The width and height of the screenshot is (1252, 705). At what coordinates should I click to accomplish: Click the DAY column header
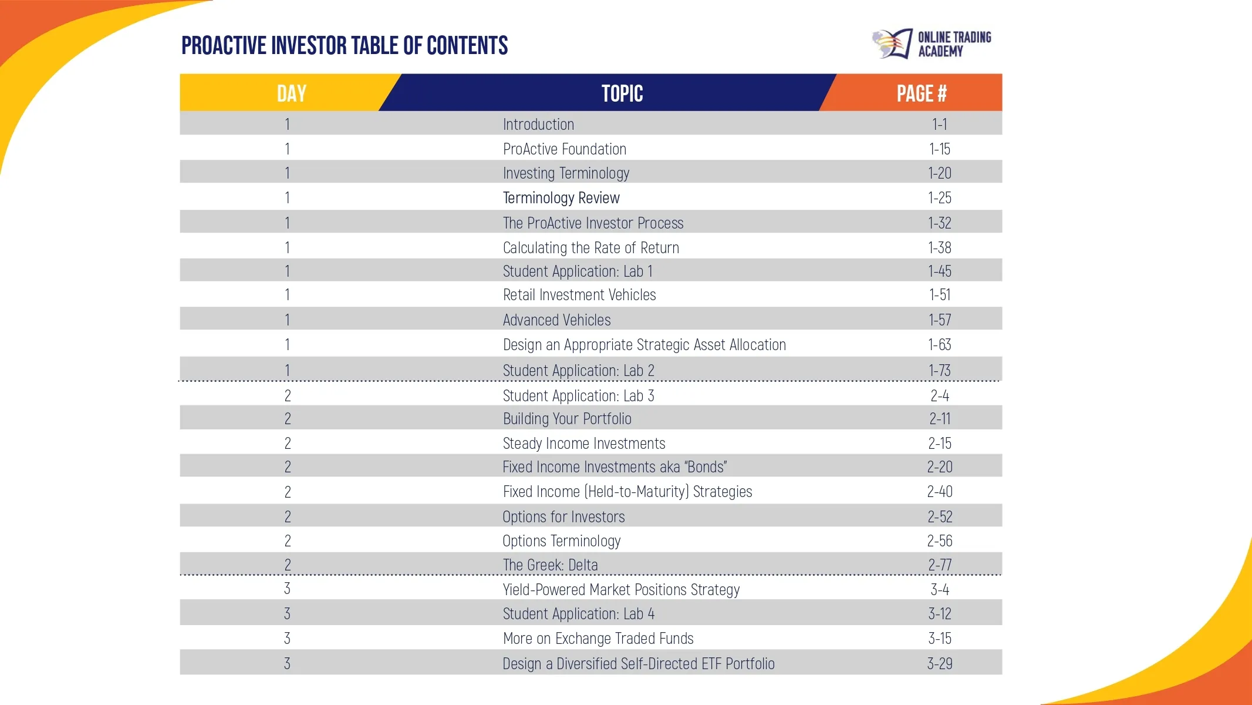[x=291, y=93]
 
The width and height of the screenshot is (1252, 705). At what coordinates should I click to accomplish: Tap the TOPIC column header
[x=622, y=93]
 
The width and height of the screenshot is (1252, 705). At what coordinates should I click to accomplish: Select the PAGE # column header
[x=921, y=93]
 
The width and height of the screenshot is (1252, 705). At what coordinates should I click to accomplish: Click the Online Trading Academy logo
[x=932, y=44]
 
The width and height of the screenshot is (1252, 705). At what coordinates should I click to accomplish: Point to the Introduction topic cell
[x=538, y=125]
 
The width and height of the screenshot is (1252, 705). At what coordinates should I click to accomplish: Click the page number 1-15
[x=939, y=149]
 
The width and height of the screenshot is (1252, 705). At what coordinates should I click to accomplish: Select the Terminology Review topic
[x=561, y=198]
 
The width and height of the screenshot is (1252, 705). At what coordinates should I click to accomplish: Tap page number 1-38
[x=939, y=248]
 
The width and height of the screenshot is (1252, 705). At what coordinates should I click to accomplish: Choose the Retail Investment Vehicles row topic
[x=579, y=295]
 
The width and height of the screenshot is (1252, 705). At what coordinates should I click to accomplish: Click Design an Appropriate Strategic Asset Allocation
[x=644, y=345]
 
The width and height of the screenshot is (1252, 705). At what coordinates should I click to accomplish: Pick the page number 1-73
[x=939, y=371]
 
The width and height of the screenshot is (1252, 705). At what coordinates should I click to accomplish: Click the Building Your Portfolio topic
[x=567, y=419]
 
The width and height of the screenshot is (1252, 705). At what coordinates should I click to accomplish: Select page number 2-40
[x=939, y=492]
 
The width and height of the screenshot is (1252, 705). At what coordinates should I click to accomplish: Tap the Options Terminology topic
[x=561, y=541]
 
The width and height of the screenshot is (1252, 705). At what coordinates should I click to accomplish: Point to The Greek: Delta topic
[x=550, y=565]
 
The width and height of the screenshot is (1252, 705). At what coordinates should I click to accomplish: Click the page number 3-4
[x=939, y=590]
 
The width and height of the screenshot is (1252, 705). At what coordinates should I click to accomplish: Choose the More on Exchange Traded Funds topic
[x=598, y=639]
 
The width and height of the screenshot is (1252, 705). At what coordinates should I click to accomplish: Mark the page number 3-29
[x=939, y=664]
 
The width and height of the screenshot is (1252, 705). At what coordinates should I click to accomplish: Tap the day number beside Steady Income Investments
[x=288, y=444]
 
